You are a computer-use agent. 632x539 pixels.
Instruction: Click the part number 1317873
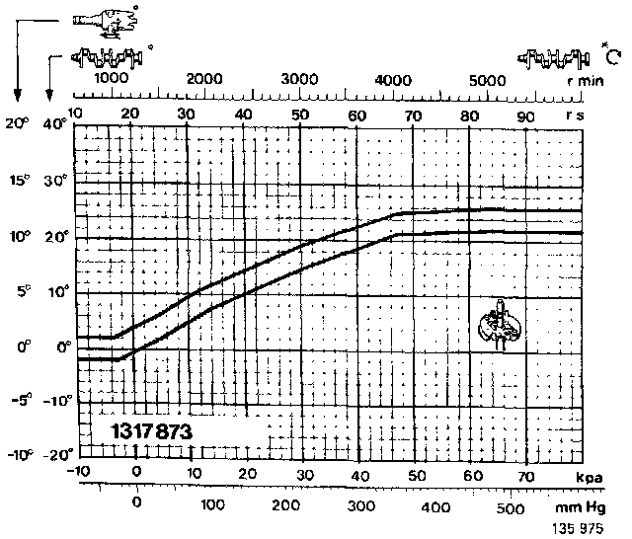click(151, 431)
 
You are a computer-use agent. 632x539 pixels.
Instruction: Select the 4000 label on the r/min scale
click(394, 79)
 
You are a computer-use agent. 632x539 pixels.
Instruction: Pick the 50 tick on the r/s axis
click(300, 115)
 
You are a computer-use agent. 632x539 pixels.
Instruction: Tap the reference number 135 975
click(582, 528)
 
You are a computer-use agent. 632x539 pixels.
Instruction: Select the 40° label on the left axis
click(52, 125)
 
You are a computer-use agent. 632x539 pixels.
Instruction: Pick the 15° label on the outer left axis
click(17, 181)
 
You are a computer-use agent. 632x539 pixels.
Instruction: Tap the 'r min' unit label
click(585, 81)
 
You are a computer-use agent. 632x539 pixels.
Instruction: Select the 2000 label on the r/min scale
click(202, 79)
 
